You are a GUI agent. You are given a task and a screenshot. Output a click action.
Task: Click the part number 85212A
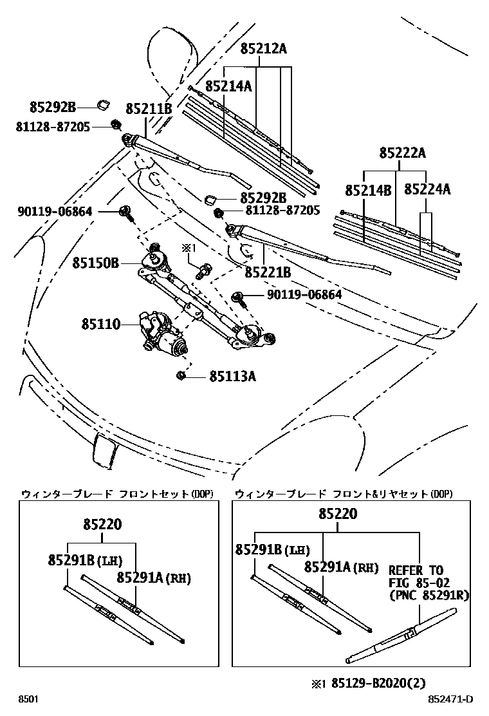click(263, 48)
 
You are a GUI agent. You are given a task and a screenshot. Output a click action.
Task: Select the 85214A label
click(228, 85)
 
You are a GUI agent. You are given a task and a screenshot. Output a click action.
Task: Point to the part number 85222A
click(402, 153)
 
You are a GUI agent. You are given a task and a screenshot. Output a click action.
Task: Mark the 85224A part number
click(427, 189)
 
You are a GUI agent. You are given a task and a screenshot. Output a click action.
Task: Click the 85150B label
click(96, 263)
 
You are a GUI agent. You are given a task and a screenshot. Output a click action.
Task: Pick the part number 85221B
click(268, 273)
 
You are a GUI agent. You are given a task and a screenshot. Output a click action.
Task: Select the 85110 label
click(101, 324)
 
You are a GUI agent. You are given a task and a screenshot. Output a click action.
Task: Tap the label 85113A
click(232, 376)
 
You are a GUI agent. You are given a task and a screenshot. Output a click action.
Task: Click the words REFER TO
click(416, 570)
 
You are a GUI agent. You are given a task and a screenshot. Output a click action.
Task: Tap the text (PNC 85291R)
click(429, 595)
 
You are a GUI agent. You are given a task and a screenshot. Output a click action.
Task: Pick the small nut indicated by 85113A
click(181, 375)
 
